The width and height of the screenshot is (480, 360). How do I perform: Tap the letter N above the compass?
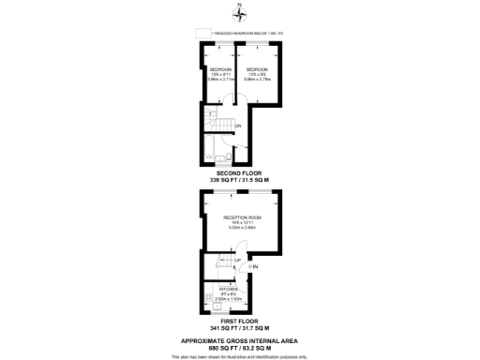tap(240, 7)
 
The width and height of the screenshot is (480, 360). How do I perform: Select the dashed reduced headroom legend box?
tap(201, 33)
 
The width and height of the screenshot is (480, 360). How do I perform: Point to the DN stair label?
tap(239, 125)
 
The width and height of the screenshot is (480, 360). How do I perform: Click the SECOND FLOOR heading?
tap(240, 173)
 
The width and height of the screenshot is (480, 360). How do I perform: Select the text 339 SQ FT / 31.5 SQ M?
tap(240, 181)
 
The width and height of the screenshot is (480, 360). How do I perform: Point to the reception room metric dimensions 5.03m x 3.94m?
tap(242, 228)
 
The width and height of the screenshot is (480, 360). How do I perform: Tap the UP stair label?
tap(237, 260)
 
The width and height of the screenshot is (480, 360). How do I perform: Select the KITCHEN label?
tap(216, 290)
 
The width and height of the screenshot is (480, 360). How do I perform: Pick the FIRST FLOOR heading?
tap(240, 322)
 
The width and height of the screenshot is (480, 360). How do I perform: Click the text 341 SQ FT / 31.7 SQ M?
tap(240, 329)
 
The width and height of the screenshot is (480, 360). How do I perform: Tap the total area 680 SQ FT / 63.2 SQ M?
tap(240, 348)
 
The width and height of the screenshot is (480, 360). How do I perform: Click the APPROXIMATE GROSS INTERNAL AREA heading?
tap(240, 339)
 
